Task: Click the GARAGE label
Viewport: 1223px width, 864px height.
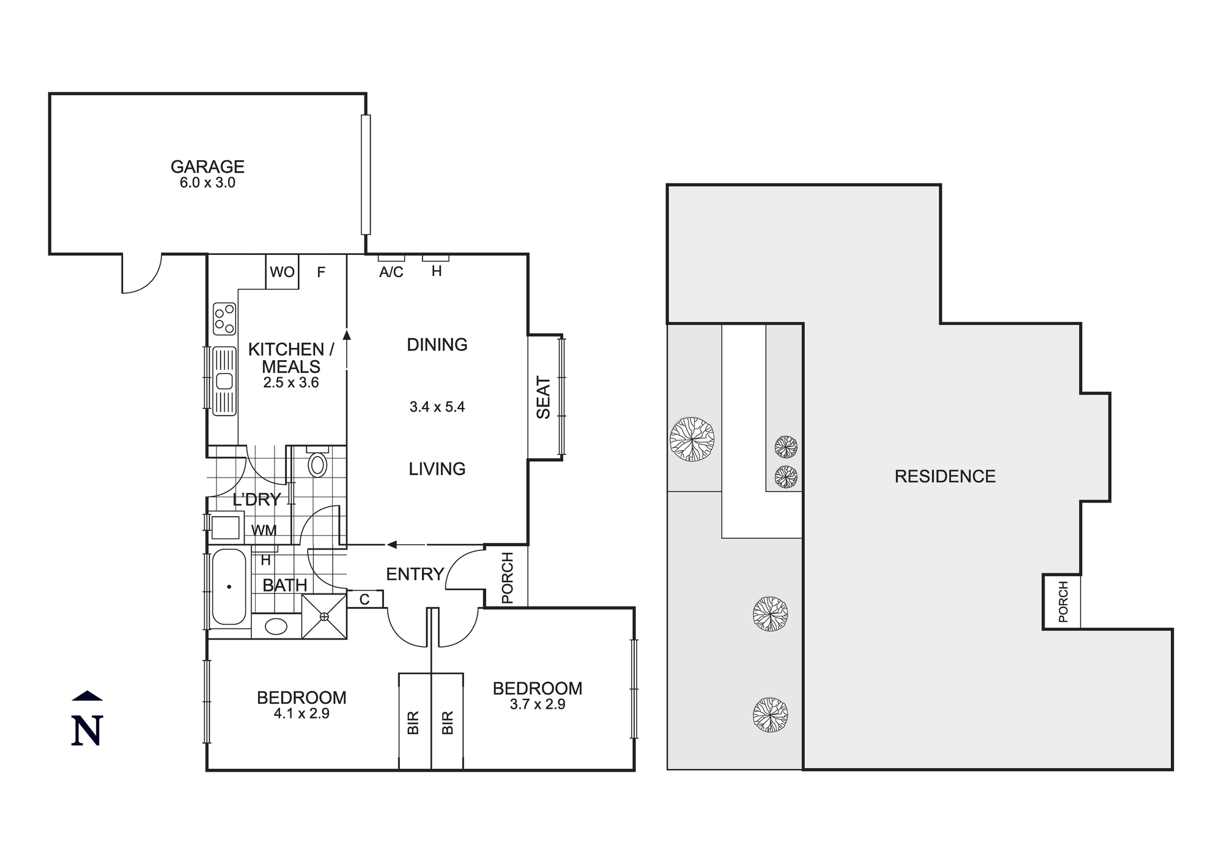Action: [x=207, y=166]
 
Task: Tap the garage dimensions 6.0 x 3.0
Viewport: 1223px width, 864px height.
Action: [x=207, y=183]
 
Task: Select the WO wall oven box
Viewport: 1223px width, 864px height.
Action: [x=282, y=272]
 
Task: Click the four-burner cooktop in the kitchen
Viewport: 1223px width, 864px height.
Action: [x=224, y=319]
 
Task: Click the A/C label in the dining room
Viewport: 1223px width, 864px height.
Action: [x=391, y=273]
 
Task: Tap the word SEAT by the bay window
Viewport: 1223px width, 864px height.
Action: [x=544, y=397]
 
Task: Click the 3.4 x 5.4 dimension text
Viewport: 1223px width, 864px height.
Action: [x=437, y=407]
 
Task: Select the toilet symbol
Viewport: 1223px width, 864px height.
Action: [x=317, y=463]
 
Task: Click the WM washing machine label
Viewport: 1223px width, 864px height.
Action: [x=264, y=531]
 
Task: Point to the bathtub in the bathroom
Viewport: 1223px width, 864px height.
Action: [x=229, y=587]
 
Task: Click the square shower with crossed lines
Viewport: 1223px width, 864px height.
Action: [x=324, y=616]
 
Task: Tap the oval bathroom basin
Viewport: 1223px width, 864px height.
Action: [x=276, y=627]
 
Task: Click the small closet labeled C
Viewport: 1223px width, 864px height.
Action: [x=364, y=600]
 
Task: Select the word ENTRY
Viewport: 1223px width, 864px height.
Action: [x=415, y=574]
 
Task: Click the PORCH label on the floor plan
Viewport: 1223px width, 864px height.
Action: [x=507, y=578]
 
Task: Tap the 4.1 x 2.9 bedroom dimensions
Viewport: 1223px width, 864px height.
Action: [x=301, y=714]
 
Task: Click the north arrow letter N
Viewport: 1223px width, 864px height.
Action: [x=87, y=731]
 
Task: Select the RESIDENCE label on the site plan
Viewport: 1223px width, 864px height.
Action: [x=945, y=476]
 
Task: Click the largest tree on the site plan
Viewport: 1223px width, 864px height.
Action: [x=692, y=439]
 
